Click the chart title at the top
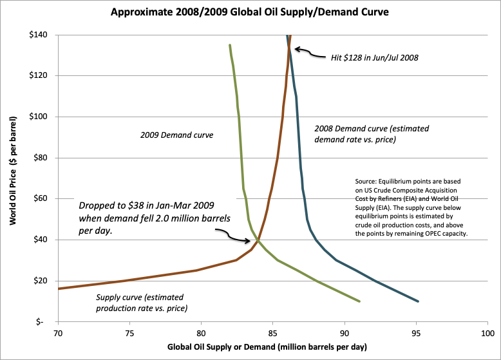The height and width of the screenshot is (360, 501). (250, 12)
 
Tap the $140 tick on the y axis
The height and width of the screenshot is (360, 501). (43, 35)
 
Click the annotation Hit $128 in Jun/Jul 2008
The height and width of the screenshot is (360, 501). (370, 57)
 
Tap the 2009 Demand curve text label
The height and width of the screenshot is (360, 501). (177, 136)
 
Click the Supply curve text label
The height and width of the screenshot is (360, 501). (140, 302)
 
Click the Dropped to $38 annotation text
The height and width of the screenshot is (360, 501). (155, 218)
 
